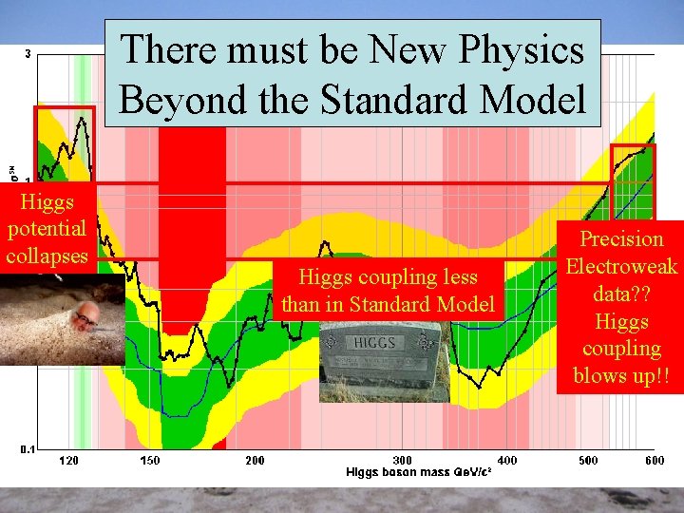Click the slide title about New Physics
353,73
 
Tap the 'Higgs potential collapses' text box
47,229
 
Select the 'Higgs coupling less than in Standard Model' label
388,291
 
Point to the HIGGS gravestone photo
384,361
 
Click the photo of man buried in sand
63,319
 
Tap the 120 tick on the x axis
69,461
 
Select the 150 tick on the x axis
150,461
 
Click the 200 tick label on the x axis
255,461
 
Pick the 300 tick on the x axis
403,461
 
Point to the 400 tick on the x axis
507,461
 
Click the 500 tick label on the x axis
589,461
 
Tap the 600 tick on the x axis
655,461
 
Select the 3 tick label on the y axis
27,54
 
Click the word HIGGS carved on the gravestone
381,342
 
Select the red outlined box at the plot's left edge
65,142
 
